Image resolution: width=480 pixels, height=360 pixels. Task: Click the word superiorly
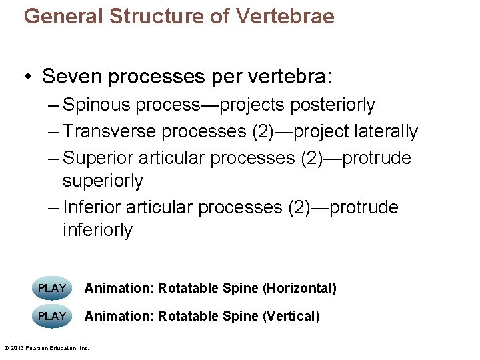[103, 181]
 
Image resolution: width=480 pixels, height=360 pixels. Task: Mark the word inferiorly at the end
[97, 230]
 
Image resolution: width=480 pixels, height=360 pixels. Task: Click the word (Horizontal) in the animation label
[299, 288]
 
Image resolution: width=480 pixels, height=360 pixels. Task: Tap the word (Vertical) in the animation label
[291, 316]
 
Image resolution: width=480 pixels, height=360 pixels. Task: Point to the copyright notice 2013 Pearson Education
[47, 348]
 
